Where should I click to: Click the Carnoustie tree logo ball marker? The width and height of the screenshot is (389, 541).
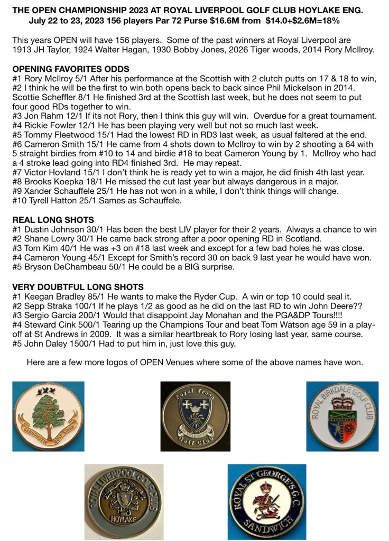pyautogui.click(x=48, y=417)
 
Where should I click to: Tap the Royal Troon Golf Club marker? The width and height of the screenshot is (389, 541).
pyautogui.click(x=195, y=416)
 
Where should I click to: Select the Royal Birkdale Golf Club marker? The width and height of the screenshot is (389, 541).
pyautogui.click(x=343, y=416)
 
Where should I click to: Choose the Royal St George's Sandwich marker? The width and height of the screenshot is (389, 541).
pyautogui.click(x=266, y=502)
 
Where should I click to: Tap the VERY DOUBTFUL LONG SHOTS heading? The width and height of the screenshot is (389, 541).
pyautogui.click(x=78, y=287)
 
